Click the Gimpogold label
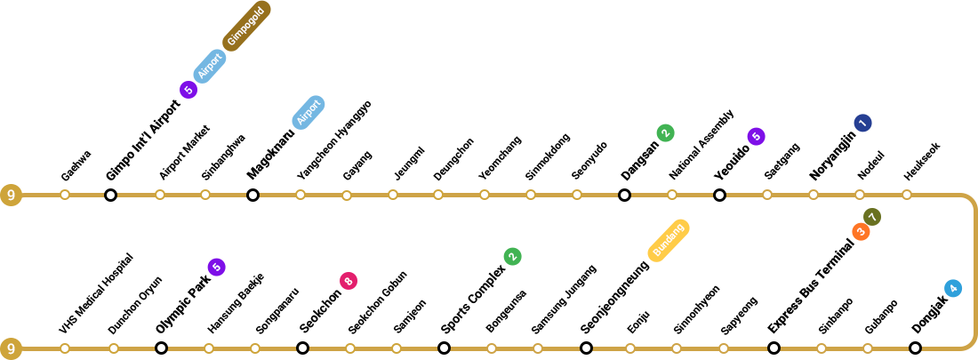[x=246, y=26]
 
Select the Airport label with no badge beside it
[x=309, y=112]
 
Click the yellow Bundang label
[x=669, y=240]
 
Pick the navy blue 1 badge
[x=862, y=123]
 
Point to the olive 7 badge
[x=872, y=217]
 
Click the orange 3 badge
[x=861, y=231]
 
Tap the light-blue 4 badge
[x=953, y=288]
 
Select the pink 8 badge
[x=349, y=281]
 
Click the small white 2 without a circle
[x=373, y=292]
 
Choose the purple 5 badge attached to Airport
[x=188, y=90]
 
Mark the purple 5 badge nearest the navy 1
[x=756, y=136]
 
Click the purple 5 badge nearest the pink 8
[x=216, y=267]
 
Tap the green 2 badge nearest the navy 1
[x=665, y=132]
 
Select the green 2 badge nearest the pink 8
[x=512, y=256]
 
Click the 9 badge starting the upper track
[x=11, y=195]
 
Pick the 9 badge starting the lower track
[x=11, y=348]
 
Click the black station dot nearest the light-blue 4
[x=915, y=348]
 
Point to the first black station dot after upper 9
[x=110, y=195]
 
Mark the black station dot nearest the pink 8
[x=302, y=348]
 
